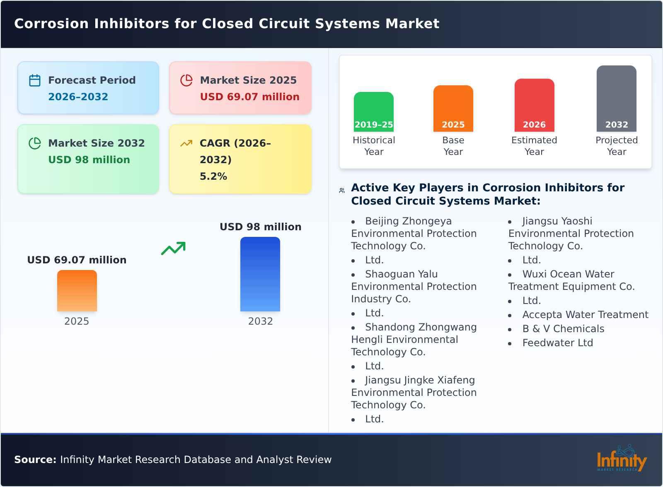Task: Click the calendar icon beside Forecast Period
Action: point(35,80)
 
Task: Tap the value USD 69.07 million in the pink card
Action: point(249,96)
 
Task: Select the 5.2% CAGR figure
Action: point(213,176)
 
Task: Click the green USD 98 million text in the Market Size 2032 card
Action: point(89,159)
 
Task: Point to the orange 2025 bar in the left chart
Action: point(77,291)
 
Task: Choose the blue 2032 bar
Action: point(260,274)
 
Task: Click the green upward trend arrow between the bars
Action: point(173,248)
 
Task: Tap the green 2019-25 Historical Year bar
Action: point(373,112)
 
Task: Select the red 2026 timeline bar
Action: point(534,105)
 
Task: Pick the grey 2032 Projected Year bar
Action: point(616,99)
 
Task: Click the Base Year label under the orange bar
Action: point(453,146)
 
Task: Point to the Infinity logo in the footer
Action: point(621,459)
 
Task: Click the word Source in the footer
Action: point(35,460)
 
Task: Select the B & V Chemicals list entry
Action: point(563,329)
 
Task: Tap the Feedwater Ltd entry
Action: point(557,343)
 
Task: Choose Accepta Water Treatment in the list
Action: point(585,315)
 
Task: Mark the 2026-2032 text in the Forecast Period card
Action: point(78,96)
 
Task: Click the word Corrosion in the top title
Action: point(51,24)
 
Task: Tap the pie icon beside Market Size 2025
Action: point(186,80)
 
